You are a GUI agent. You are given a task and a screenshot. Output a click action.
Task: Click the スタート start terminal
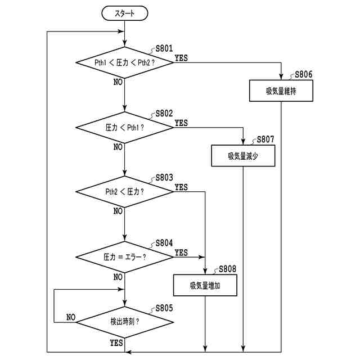(x=125, y=13)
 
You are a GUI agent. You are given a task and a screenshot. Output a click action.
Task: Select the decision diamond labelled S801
(x=125, y=62)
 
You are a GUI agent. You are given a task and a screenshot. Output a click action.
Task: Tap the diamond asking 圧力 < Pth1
(x=125, y=128)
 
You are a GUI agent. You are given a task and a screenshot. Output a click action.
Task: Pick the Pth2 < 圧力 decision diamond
(x=125, y=192)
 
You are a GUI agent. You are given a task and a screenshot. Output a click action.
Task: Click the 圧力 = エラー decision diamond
(x=125, y=257)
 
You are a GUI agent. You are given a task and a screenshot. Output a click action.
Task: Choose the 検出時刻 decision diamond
(x=125, y=322)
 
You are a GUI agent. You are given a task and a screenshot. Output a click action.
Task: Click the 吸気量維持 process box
(x=281, y=91)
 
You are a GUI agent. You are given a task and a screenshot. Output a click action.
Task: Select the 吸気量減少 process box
(x=243, y=156)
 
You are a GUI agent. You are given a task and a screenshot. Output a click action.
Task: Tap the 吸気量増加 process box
(x=205, y=285)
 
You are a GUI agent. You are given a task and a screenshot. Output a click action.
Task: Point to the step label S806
(x=304, y=74)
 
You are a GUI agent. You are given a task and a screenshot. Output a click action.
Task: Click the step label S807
(x=265, y=139)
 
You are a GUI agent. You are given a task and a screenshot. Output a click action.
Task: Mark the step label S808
(x=227, y=269)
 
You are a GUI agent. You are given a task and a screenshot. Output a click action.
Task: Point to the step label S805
(x=164, y=308)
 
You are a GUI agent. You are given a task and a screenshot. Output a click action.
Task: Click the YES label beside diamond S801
(x=181, y=58)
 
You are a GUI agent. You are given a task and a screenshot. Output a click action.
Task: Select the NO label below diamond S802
(x=118, y=147)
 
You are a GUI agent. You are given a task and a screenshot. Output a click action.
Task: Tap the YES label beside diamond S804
(x=181, y=253)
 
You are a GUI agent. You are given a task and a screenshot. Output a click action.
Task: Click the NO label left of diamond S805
(x=71, y=317)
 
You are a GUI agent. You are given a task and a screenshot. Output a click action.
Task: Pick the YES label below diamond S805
(x=116, y=343)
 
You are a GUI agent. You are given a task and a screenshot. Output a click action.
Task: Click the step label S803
(x=164, y=178)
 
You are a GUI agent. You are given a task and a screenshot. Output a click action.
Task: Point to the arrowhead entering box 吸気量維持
(x=281, y=77)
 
